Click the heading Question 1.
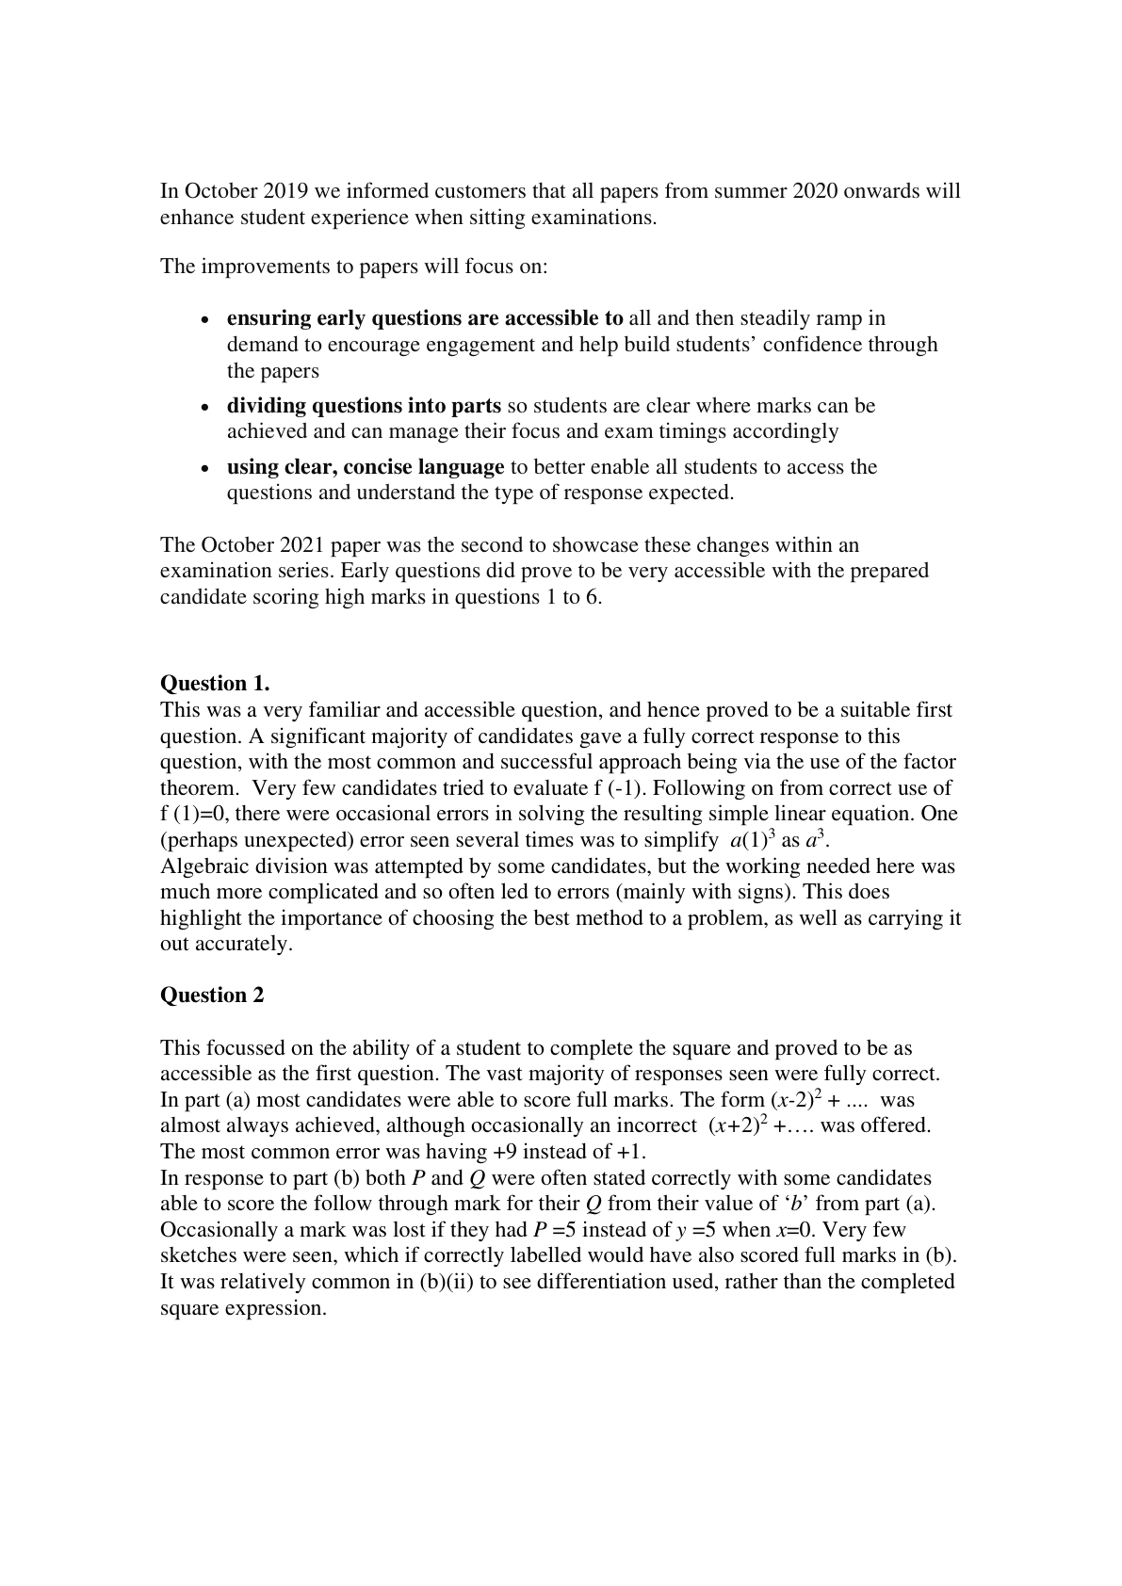[x=215, y=683]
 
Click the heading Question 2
[x=212, y=995]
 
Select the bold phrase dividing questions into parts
[x=364, y=406]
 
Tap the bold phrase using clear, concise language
[x=366, y=467]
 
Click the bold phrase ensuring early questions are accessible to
[x=425, y=318]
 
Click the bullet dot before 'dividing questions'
[x=206, y=408]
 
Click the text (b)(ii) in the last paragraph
[x=445, y=1282]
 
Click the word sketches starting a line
[x=196, y=1256]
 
